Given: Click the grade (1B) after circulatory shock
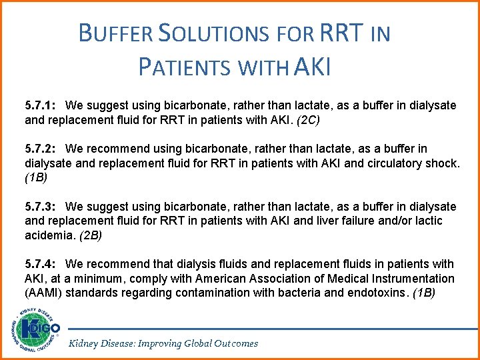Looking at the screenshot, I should pos(37,178).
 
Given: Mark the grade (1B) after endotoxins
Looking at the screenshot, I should pos(424,293).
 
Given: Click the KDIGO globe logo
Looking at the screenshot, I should pos(35,329).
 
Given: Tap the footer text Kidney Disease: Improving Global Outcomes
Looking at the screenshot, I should pos(163,343).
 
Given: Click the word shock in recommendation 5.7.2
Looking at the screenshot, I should pos(441,163).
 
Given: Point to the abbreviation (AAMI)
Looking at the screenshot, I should pos(44,293).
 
